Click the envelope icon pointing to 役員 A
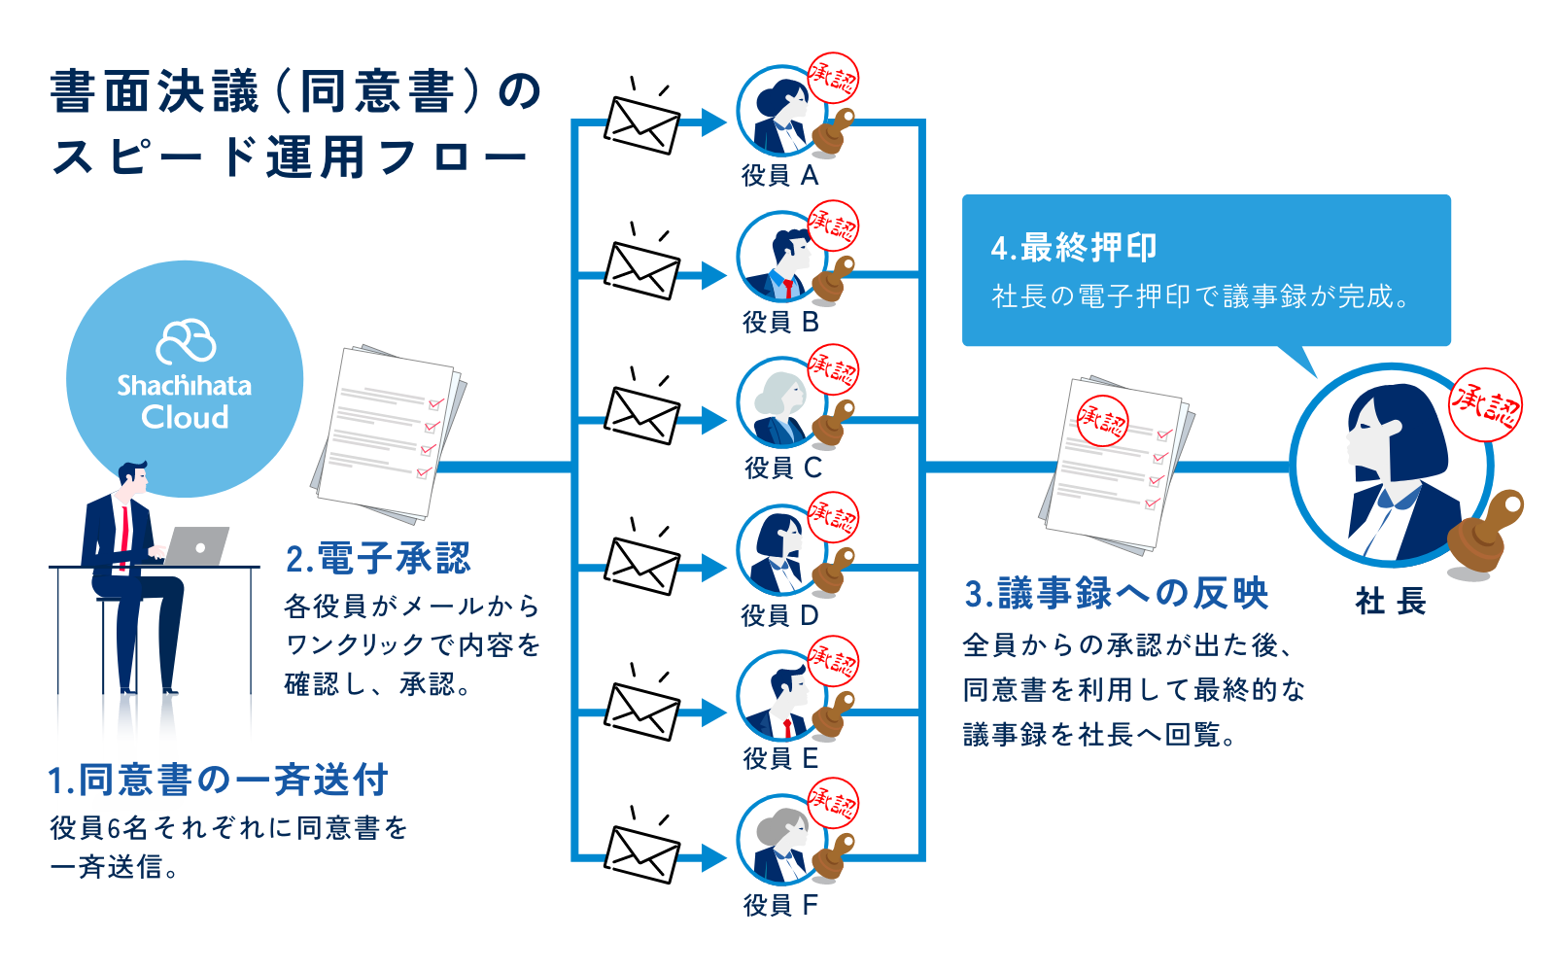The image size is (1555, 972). tap(641, 124)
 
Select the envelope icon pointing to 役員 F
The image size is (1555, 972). tap(641, 853)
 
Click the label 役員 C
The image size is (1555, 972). tap(782, 469)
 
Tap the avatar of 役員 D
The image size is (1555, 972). tap(779, 552)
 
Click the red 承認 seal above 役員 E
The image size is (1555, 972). tap(834, 660)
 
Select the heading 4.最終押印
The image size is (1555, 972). tap(1073, 248)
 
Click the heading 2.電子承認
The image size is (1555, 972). tap(378, 559)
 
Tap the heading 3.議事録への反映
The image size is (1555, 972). tap(1117, 593)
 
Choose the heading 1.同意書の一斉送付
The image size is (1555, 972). tap(219, 780)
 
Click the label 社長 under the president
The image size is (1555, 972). tap(1390, 602)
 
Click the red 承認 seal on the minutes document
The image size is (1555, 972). tap(1102, 420)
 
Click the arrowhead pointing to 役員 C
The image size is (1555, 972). tap(713, 421)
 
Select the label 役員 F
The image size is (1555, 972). tap(780, 906)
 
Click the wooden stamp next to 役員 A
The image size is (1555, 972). tap(833, 132)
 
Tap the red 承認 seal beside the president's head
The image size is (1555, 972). tap(1485, 405)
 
